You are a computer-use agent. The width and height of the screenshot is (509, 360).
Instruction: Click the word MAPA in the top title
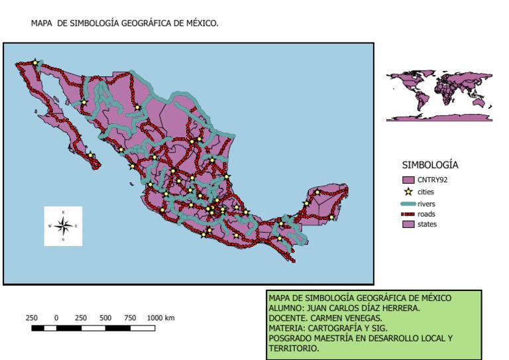pos(42,23)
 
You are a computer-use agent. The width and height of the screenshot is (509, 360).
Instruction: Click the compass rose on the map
pos(63,226)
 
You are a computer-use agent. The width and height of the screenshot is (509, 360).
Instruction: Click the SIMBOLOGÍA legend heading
pos(430,164)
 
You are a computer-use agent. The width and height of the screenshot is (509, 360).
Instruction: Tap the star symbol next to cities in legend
pos(408,192)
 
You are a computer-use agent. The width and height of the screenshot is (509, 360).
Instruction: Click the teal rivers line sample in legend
pos(408,204)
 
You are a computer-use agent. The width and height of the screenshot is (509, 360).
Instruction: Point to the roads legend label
pos(426,213)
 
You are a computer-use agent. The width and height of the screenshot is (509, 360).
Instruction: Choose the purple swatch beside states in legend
pos(408,224)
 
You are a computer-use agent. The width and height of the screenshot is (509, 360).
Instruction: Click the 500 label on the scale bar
pos(105,318)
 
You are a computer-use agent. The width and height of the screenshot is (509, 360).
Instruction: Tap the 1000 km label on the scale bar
pos(160,318)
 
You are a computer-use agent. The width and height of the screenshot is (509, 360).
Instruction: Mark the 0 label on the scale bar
pos(56,318)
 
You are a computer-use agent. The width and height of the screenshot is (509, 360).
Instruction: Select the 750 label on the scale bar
pos(130,318)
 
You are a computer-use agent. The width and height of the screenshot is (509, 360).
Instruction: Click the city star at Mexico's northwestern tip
pos(35,63)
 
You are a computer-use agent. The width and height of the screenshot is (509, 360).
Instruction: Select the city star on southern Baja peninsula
pos(91,156)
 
